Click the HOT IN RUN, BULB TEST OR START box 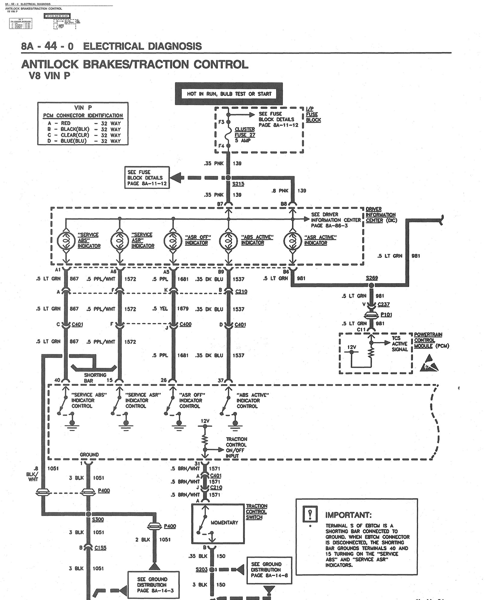coord(229,94)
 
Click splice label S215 coord(238,184)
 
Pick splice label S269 coord(372,278)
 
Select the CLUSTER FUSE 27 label coord(245,135)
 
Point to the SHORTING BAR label coord(95,378)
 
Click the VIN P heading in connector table coord(83,108)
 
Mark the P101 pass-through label coord(386,314)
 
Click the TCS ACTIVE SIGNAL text coord(399,344)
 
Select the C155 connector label coord(100,548)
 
